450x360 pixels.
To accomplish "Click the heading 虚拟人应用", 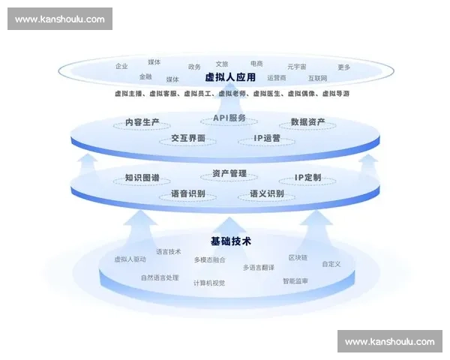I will click(230, 76).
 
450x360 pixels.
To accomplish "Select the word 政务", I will click(194, 67).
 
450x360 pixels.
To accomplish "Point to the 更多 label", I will click(343, 67).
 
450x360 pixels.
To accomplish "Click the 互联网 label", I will click(318, 78).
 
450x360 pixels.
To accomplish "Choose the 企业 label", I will click(121, 66).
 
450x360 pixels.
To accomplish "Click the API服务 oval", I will click(229, 118).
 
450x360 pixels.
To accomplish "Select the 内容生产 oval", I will click(142, 122).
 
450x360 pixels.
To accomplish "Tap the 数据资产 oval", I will click(307, 122).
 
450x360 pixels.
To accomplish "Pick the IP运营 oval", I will click(266, 139).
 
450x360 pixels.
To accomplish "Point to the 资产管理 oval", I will click(229, 174).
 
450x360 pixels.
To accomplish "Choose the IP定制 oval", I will click(307, 178).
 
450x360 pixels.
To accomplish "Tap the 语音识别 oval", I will click(187, 194).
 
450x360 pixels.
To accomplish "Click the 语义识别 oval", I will click(266, 194).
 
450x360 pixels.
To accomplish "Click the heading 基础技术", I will click(230, 241).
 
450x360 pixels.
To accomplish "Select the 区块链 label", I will click(298, 257).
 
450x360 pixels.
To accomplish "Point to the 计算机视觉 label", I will click(209, 283).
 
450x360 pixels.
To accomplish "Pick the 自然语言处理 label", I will click(160, 277).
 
